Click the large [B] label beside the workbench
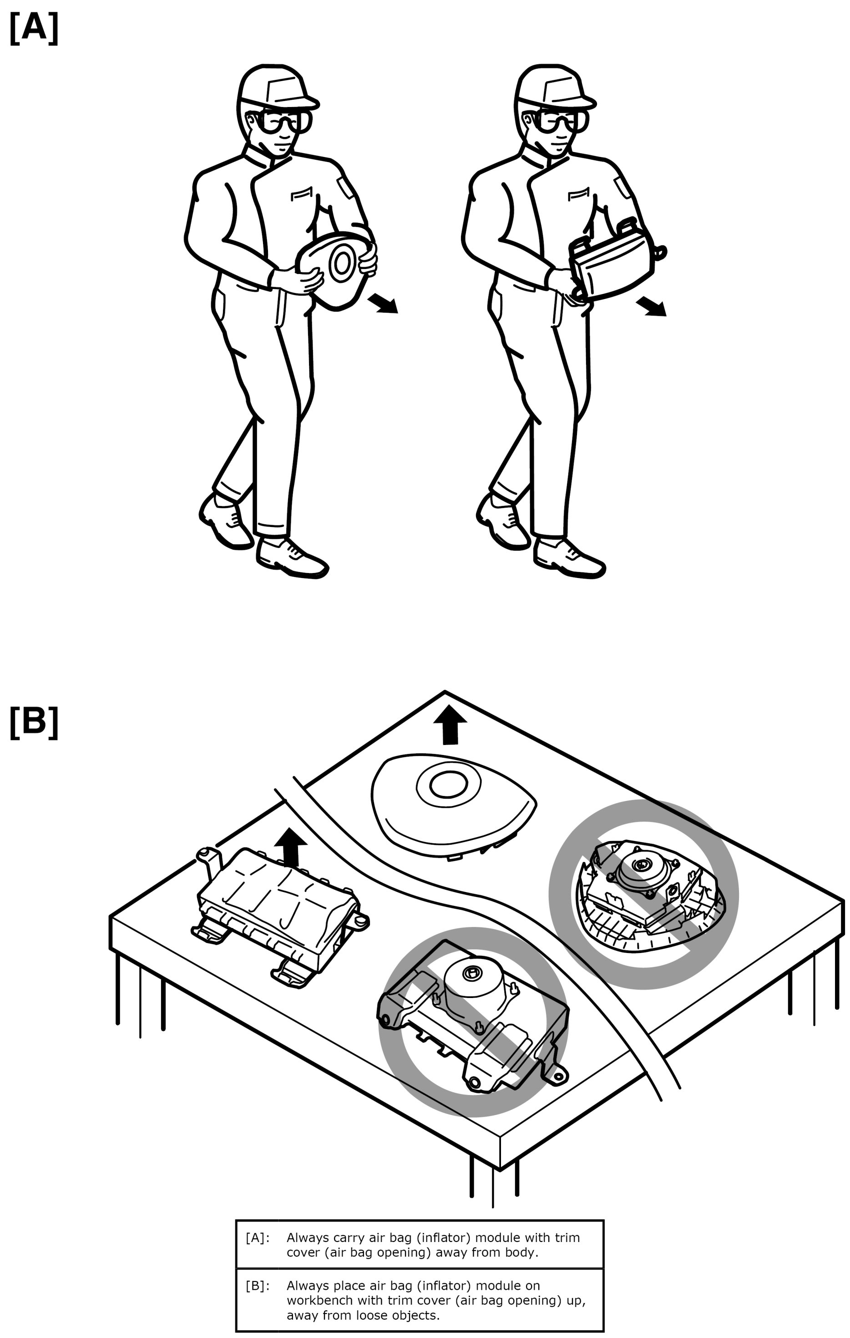(x=34, y=722)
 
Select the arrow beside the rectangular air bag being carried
(x=651, y=306)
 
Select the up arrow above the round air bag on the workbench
(x=450, y=725)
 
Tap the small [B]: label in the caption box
(x=257, y=1286)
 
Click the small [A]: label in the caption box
(x=257, y=1238)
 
